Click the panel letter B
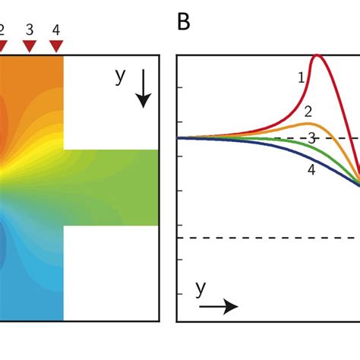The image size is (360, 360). [x=183, y=23]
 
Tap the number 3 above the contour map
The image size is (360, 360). [x=30, y=30]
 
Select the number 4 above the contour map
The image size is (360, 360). [x=56, y=30]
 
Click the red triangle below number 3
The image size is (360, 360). [x=30, y=47]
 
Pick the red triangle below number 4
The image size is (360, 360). [x=56, y=47]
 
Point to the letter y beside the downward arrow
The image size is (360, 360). [x=120, y=77]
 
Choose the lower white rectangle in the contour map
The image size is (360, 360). [x=111, y=273]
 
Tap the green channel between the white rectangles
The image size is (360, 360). [x=114, y=187]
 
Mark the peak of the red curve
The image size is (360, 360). [x=317, y=55]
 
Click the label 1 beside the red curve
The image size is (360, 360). [x=302, y=77]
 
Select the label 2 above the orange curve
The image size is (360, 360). [x=308, y=112]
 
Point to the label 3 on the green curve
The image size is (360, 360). [x=311, y=137]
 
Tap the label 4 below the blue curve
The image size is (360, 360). [x=311, y=170]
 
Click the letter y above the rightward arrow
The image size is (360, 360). [x=201, y=289]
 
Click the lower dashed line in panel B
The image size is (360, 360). [x=266, y=238]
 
